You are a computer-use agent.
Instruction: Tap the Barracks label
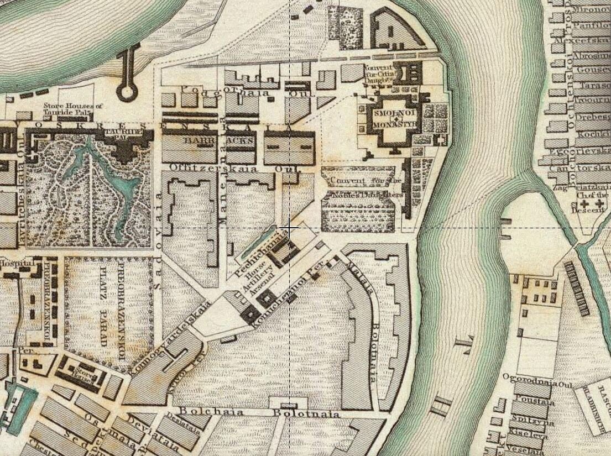click(220, 141)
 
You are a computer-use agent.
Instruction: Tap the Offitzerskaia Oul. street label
click(232, 167)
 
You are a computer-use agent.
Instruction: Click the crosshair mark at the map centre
click(289, 227)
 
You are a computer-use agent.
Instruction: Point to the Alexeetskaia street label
click(576, 41)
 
